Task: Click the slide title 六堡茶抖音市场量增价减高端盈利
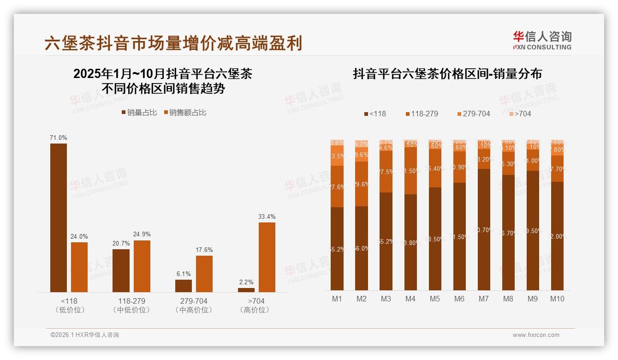click(x=173, y=43)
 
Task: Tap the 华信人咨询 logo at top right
click(x=542, y=40)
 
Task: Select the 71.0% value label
click(x=59, y=138)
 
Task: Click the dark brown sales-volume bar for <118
click(x=59, y=217)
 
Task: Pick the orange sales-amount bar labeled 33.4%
click(x=267, y=257)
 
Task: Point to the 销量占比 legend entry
click(x=139, y=113)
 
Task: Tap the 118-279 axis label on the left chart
click(x=131, y=301)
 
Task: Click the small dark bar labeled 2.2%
click(x=246, y=290)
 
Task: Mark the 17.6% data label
click(x=204, y=250)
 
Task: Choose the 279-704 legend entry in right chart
click(x=473, y=114)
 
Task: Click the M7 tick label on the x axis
click(x=483, y=299)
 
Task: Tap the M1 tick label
click(x=337, y=299)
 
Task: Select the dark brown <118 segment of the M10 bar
click(x=557, y=236)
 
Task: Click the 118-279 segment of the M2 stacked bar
click(x=362, y=184)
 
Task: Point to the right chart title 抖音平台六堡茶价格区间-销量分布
click(x=447, y=74)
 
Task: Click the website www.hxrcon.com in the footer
click(x=536, y=335)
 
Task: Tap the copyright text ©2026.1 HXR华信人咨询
click(x=85, y=335)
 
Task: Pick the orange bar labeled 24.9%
click(x=142, y=266)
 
